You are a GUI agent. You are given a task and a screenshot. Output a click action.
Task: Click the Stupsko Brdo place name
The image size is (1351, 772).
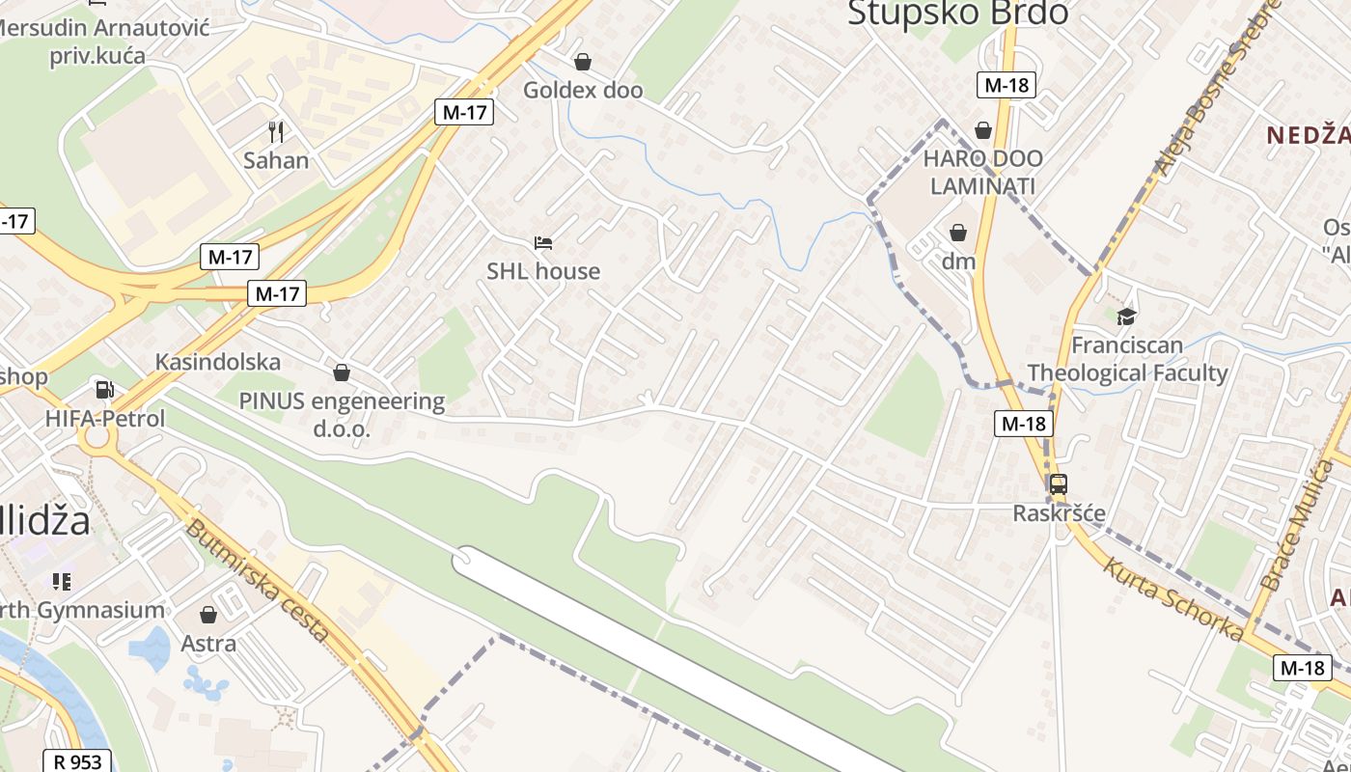(x=957, y=14)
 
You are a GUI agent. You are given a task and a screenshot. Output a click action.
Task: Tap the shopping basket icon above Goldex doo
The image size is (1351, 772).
(x=583, y=63)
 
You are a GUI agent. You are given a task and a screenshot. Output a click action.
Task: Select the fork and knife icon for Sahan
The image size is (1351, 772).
(x=276, y=131)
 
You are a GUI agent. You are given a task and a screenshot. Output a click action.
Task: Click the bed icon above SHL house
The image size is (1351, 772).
(x=543, y=243)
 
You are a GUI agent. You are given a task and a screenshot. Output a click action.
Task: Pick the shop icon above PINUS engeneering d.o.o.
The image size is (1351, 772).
(x=341, y=372)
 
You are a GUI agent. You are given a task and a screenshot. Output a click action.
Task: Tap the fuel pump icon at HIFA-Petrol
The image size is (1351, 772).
(x=104, y=390)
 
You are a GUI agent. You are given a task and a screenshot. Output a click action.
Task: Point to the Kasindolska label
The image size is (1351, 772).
(x=218, y=362)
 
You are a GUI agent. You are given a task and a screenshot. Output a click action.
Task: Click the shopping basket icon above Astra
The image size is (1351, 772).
(x=208, y=615)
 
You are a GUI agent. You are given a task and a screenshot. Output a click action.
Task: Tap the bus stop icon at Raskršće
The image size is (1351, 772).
(x=1059, y=484)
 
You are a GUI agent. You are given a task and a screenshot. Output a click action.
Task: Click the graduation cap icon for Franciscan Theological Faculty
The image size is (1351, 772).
(x=1126, y=317)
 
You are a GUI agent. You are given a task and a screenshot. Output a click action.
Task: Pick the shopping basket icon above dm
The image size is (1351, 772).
(x=958, y=233)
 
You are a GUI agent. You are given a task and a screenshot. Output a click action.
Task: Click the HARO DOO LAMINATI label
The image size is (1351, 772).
(x=982, y=172)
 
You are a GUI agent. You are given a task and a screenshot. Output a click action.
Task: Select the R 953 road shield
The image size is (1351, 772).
(x=77, y=761)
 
